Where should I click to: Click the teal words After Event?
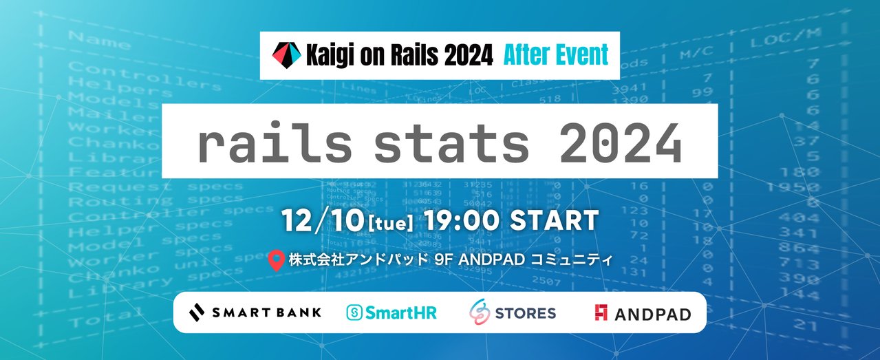point(555,55)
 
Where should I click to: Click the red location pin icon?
point(277,262)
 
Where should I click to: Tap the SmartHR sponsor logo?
point(391,313)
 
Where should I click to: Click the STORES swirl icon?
point(480,313)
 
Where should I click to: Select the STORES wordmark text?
point(525,313)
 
